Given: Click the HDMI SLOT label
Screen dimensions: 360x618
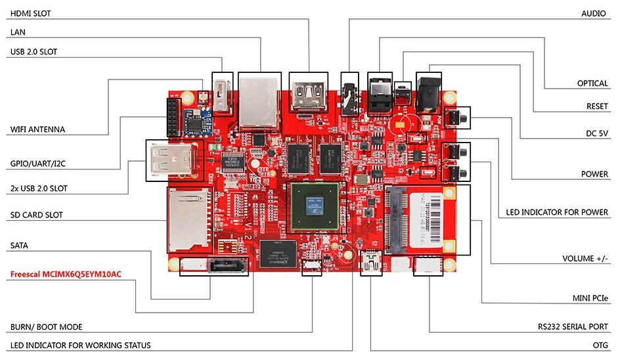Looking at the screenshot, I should point(32,13).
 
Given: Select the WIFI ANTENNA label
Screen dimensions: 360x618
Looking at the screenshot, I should point(38,129).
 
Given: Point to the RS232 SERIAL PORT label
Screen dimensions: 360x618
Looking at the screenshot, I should point(572,326).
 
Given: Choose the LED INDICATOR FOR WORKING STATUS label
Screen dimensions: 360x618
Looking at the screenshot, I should point(81,345).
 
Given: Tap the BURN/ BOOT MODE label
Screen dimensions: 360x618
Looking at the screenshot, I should point(46,326).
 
